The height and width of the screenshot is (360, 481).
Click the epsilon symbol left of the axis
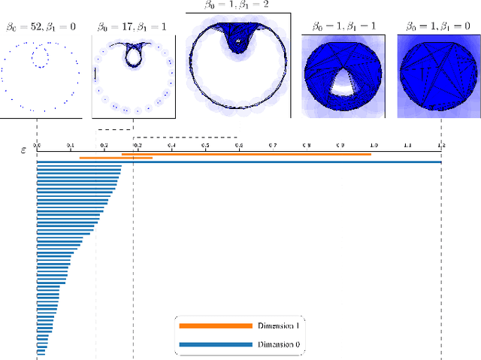[23, 150]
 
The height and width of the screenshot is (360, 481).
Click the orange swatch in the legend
[215, 325]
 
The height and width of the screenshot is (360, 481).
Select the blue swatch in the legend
[215, 345]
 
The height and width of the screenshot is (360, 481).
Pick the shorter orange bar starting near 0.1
[116, 158]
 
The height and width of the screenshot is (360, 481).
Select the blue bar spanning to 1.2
[239, 162]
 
